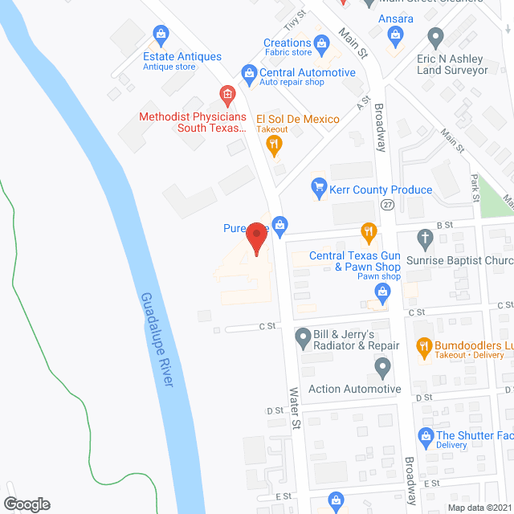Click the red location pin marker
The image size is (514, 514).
[256, 238]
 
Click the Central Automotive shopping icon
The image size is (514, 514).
[249, 72]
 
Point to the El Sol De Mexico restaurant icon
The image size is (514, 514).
[274, 145]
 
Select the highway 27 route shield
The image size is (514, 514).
[388, 206]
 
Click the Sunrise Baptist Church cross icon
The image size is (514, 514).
[426, 237]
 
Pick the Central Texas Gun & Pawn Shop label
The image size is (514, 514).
[355, 262]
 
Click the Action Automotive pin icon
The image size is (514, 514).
[382, 368]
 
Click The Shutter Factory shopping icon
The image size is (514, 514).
[426, 436]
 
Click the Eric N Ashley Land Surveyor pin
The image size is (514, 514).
[436, 36]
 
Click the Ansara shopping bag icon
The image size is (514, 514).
[395, 34]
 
